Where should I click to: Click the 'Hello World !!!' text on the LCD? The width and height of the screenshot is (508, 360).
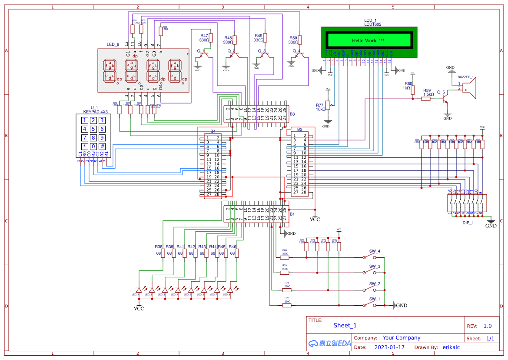368,40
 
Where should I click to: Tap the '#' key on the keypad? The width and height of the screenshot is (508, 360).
102,146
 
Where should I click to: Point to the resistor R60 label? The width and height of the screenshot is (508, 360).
408,83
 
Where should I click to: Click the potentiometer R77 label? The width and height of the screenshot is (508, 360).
320,105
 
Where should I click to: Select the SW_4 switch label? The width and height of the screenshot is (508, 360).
375,251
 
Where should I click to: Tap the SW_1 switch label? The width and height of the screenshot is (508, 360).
375,299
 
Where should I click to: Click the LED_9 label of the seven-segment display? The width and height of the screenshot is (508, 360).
113,44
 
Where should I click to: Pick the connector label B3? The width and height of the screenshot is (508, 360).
292,114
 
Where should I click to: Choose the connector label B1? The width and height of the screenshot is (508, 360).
292,214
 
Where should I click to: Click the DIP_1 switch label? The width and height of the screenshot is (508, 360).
468,222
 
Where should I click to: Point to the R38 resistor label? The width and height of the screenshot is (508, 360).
159,247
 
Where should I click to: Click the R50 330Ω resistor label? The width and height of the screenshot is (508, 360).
293,38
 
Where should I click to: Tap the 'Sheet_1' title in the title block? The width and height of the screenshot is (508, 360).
345,325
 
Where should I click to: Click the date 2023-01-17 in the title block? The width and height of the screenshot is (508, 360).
389,347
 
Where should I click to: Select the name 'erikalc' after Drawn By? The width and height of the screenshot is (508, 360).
451,347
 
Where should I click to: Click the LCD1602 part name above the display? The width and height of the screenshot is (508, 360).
372,24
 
